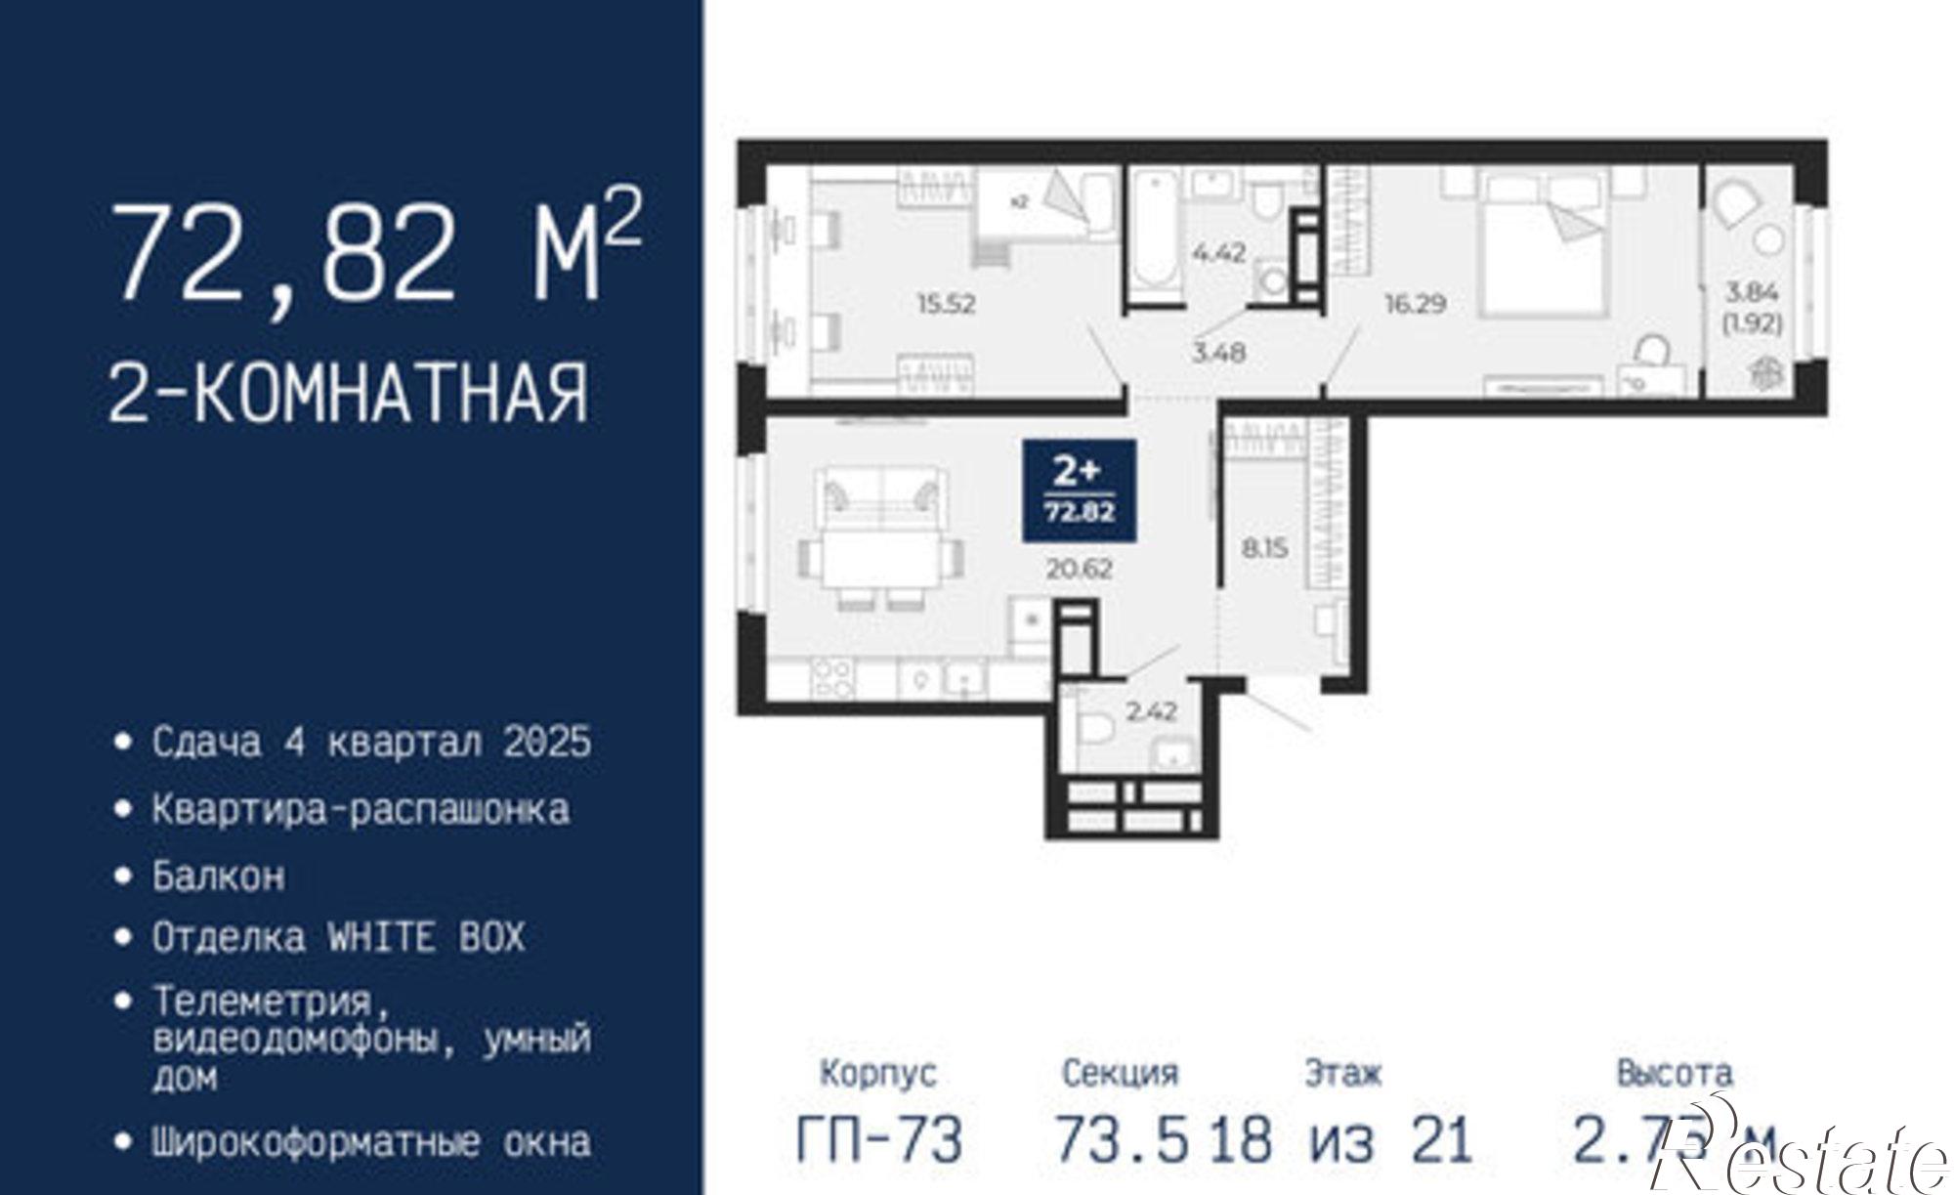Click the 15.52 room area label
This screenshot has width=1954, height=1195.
pos(946,304)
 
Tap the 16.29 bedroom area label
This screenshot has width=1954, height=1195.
pos(1414,304)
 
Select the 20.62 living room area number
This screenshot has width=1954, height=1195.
pos(1079,568)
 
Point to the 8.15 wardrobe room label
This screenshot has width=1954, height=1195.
pos(1264,548)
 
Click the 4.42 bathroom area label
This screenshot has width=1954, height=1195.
pos(1218,252)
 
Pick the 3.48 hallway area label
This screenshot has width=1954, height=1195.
pos(1218,352)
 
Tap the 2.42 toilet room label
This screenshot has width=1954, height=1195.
pos(1151,711)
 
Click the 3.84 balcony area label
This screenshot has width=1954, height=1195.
pos(1753,292)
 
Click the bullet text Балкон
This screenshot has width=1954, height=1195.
pos(218,875)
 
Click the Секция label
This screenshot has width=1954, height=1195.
pos(1120,1073)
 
